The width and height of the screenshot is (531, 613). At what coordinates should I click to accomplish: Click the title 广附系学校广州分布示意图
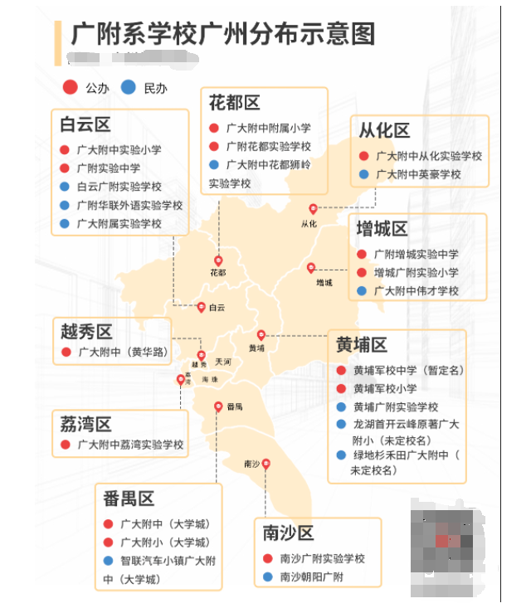click(222, 33)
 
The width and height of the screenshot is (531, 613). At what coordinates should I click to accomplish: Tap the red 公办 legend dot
click(71, 87)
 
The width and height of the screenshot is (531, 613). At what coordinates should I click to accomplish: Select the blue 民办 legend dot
click(128, 87)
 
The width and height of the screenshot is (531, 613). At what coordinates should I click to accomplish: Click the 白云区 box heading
click(85, 125)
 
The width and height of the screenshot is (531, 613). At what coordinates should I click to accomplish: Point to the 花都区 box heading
click(234, 103)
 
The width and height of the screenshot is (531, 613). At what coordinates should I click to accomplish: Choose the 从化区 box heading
click(384, 130)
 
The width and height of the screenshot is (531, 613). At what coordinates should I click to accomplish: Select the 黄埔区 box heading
click(362, 344)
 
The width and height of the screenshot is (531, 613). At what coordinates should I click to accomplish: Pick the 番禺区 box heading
click(129, 499)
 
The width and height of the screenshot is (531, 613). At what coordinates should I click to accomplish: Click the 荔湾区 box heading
click(85, 425)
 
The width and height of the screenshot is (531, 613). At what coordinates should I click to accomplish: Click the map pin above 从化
click(313, 209)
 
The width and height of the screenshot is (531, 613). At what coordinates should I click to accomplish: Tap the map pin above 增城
click(311, 268)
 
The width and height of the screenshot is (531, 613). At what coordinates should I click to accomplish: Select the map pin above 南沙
click(266, 465)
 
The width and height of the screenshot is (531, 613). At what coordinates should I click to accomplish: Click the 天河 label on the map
click(222, 362)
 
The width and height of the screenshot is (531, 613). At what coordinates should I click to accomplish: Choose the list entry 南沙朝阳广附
click(311, 577)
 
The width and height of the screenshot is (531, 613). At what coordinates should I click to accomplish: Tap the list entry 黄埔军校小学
click(385, 388)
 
